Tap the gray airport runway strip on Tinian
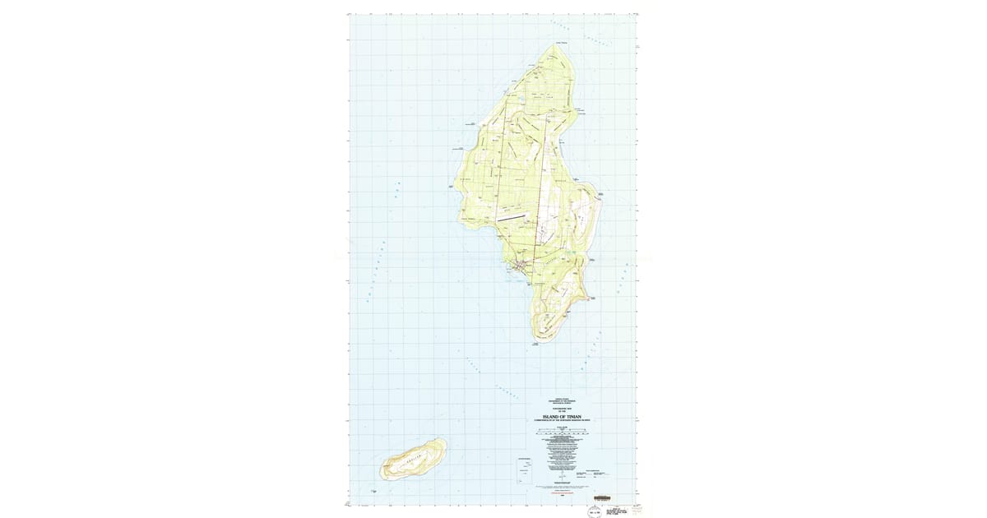(510, 217)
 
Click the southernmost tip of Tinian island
(542, 340)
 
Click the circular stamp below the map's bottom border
(589, 510)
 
